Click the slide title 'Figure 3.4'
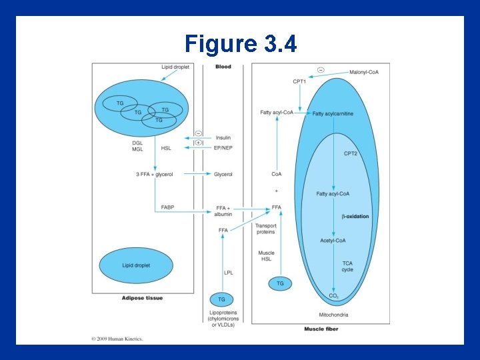[x=240, y=44]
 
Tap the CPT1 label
[x=300, y=81]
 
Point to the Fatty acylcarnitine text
[x=333, y=114]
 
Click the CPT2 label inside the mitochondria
[x=351, y=154]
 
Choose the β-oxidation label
[x=355, y=217]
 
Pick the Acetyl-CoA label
[x=333, y=240]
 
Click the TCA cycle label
[x=347, y=267]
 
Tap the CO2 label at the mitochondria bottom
[x=333, y=296]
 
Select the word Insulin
[x=223, y=138]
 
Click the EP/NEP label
[x=223, y=147]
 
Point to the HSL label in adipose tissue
[x=166, y=148]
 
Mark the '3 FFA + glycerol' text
[x=154, y=175]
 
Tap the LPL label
[x=229, y=272]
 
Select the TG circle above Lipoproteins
[x=221, y=299]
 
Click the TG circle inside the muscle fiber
[x=280, y=283]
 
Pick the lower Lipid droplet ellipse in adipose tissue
[x=136, y=265]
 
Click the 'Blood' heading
[x=223, y=67]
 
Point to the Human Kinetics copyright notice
[x=117, y=338]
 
